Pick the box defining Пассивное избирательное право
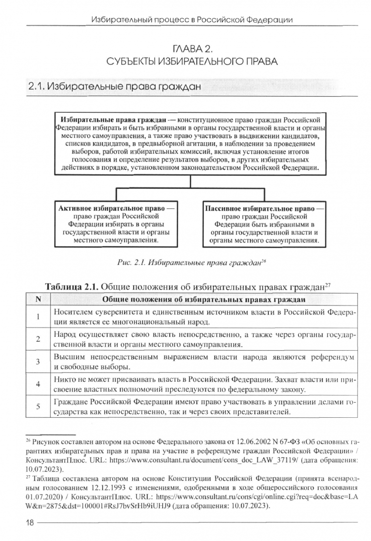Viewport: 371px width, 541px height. pyautogui.click(x=264, y=223)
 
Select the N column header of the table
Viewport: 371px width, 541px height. pyautogui.click(x=38, y=300)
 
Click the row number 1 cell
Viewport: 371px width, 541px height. pyautogui.click(x=38, y=317)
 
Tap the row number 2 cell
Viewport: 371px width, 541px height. pyautogui.click(x=38, y=339)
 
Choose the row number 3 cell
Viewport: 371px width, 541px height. pyautogui.click(x=38, y=361)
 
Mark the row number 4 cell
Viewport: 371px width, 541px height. pyautogui.click(x=38, y=384)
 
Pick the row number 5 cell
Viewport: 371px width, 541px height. pyautogui.click(x=38, y=406)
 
